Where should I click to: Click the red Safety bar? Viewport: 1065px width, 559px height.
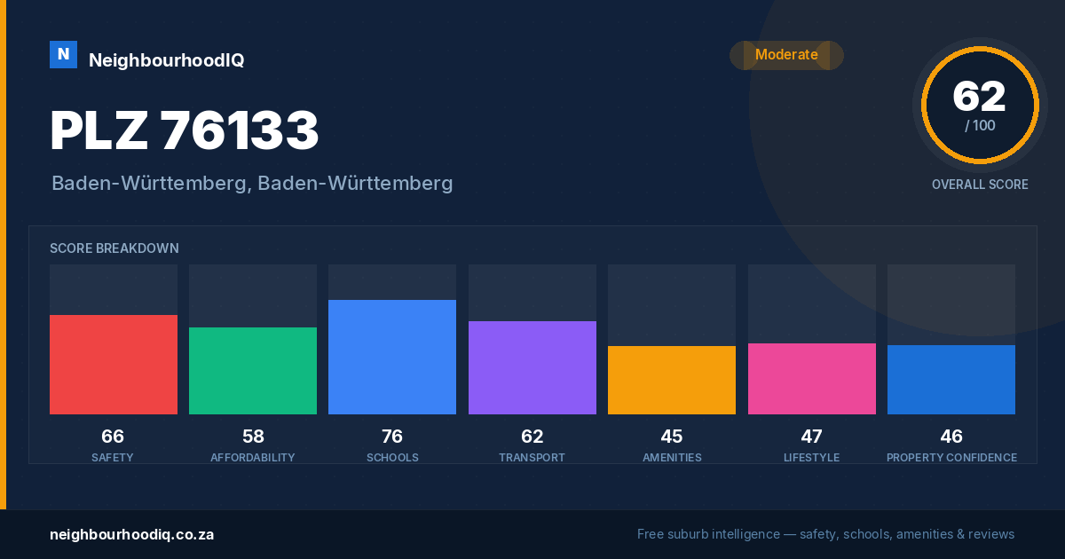point(114,365)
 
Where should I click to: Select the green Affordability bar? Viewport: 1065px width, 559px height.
point(253,371)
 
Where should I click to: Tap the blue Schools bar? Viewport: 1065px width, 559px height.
point(392,357)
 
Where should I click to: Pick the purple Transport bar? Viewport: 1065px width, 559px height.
point(532,367)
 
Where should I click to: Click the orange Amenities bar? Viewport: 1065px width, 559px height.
point(672,381)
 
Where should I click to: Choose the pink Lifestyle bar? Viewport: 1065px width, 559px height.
point(812,379)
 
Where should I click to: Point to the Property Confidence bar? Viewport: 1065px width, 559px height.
point(951,380)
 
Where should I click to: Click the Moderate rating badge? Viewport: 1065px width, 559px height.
point(787,55)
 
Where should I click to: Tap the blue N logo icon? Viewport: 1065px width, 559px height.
point(63,54)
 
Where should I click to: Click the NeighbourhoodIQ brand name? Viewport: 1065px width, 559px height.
point(167,60)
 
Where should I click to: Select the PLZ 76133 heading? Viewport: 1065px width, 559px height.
point(185,130)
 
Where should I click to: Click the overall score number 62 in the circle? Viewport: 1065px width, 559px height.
point(980,97)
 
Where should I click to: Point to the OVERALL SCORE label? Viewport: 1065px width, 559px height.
point(980,185)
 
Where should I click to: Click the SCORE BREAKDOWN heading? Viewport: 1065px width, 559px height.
point(114,248)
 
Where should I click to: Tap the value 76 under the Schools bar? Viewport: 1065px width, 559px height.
point(392,437)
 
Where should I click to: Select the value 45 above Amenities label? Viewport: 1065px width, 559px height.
point(672,437)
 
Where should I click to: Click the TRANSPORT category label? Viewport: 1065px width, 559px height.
point(532,457)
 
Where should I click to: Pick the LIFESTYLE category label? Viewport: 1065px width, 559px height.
point(811,457)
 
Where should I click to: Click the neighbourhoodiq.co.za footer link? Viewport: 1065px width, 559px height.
point(132,535)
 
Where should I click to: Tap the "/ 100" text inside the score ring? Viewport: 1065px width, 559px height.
point(980,125)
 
